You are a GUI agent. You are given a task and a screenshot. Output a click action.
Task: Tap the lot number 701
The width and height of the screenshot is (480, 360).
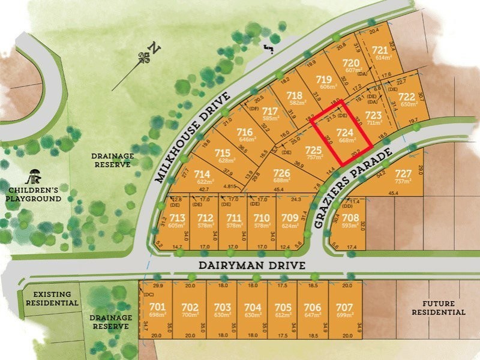click(x=157, y=307)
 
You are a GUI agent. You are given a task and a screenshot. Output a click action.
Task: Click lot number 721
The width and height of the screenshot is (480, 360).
click(x=380, y=50)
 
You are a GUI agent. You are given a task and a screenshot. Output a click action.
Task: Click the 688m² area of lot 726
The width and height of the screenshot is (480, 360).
click(x=282, y=180)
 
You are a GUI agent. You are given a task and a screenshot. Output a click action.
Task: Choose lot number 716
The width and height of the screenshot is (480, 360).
click(x=244, y=132)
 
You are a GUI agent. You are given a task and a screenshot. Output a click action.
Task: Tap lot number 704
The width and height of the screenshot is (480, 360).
click(x=253, y=307)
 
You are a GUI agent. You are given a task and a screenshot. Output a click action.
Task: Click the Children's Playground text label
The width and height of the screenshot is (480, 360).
click(x=34, y=194)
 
